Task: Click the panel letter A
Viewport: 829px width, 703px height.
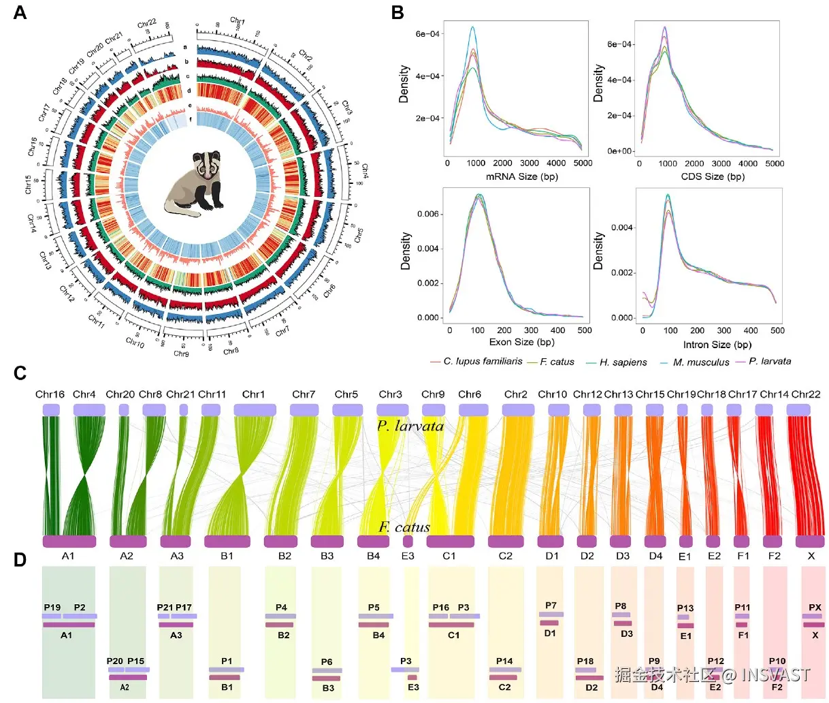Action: [x=20, y=12]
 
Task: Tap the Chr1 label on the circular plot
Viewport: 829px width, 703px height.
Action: [x=238, y=22]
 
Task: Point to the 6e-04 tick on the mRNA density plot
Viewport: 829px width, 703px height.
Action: [x=427, y=33]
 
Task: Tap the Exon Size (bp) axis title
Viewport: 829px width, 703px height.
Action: [x=521, y=342]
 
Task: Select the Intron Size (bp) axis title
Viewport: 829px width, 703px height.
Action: [x=717, y=345]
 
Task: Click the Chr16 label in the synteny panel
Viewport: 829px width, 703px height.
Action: [x=50, y=394]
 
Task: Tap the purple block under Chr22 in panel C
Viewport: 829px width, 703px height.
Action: [x=798, y=409]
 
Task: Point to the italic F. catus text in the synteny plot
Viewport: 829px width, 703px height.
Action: [x=404, y=527]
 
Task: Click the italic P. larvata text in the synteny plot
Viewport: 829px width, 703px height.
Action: [x=410, y=426]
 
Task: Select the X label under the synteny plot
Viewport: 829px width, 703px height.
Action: [x=811, y=556]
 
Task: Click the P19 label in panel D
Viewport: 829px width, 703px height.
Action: [x=52, y=608]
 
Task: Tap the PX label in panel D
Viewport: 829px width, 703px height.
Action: [x=815, y=607]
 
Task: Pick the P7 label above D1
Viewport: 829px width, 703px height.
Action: [x=551, y=606]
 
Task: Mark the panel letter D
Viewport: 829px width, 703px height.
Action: [x=20, y=559]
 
